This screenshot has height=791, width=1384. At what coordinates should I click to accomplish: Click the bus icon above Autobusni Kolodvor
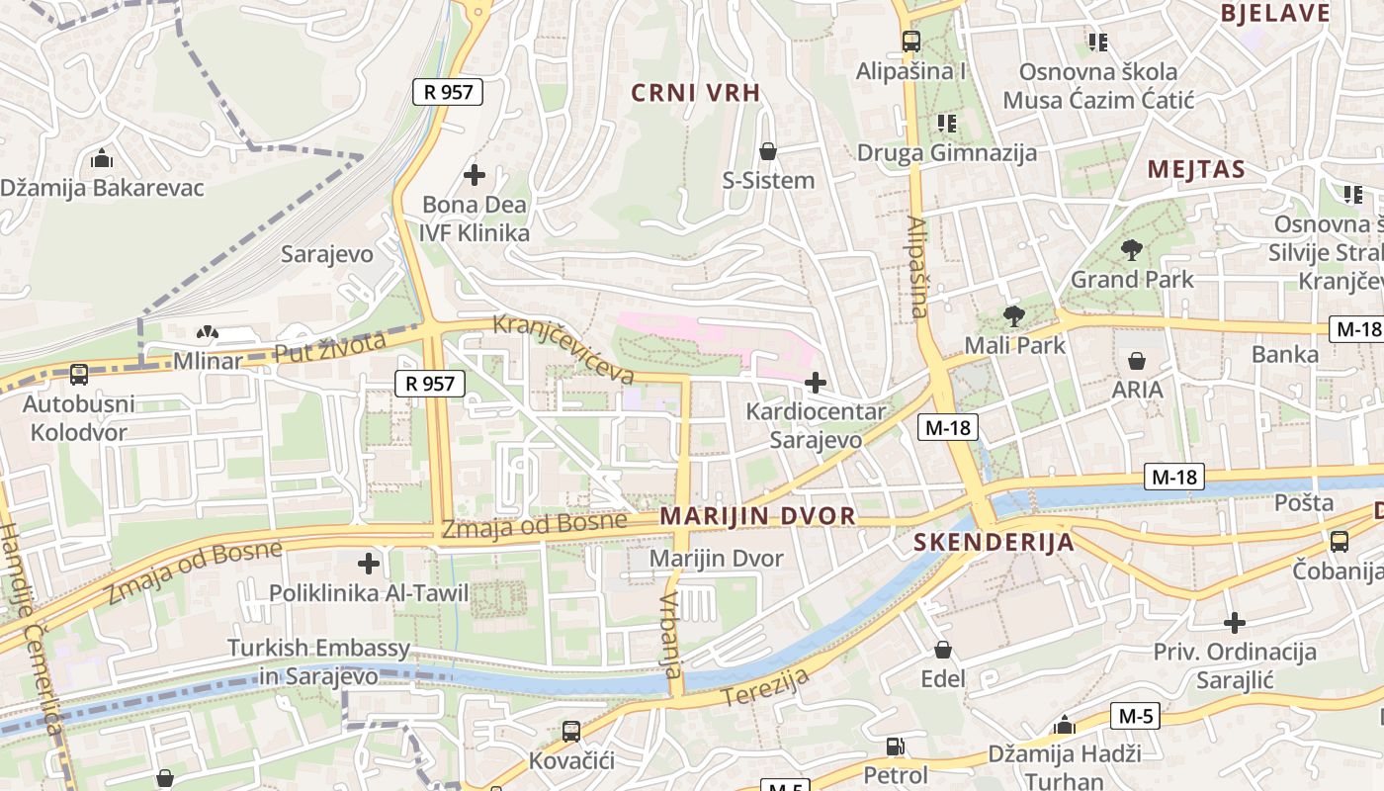79,375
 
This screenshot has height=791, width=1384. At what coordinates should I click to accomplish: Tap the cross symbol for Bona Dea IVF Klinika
475,175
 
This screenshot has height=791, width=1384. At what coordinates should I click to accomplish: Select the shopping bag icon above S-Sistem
767,151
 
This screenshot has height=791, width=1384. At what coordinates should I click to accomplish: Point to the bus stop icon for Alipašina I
911,42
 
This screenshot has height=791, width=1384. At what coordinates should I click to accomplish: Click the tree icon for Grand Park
1132,250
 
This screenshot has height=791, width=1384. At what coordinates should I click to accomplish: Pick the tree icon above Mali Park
1013,316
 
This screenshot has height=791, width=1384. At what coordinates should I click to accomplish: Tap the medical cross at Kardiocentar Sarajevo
816,382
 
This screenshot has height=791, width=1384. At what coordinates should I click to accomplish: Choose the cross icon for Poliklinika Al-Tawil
369,564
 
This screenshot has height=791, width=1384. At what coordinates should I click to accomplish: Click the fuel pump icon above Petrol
896,747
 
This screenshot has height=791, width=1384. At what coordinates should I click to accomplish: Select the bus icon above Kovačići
571,732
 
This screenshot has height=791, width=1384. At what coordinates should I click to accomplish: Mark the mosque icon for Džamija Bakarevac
101,158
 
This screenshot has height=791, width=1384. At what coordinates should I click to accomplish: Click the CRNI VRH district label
696,93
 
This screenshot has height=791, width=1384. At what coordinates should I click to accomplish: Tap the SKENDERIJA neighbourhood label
994,542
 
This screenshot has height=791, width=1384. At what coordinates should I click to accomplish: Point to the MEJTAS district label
1196,169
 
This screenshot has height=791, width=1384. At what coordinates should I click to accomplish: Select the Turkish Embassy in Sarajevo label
318,662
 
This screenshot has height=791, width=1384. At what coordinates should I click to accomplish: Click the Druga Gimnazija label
947,152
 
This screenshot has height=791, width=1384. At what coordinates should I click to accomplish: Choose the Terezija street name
765,687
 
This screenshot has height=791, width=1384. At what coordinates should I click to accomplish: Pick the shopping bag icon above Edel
943,650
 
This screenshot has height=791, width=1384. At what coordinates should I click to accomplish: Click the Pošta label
1304,502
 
